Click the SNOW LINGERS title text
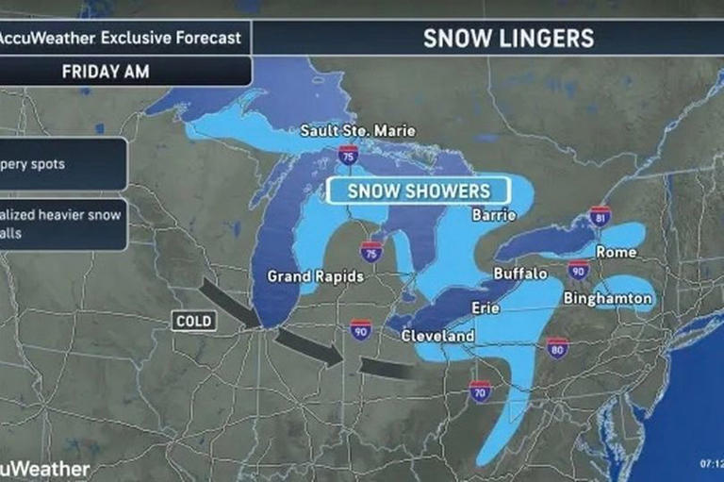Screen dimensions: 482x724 pos(508,38)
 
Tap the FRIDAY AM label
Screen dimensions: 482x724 pos(106,72)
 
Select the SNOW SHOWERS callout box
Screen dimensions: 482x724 pos(419,191)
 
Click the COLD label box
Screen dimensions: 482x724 pos(194,322)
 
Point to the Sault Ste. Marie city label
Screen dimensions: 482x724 pos(357,130)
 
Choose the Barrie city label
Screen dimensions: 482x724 pos(495,215)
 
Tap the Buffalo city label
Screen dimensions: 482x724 pos(520,274)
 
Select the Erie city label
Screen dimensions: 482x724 pos(485,307)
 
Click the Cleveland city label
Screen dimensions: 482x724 pos(437,336)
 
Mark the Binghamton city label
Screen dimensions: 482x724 pos(607,298)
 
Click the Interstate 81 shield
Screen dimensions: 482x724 pos(600,216)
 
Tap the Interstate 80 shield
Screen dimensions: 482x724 pos(557,348)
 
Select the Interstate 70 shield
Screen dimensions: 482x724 pos(480,391)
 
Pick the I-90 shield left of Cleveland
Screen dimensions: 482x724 pos(361,329)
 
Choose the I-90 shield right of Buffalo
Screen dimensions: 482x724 pos(578,272)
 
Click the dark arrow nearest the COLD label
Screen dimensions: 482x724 pos(231,300)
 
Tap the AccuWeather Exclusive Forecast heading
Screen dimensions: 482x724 pos(121,39)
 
